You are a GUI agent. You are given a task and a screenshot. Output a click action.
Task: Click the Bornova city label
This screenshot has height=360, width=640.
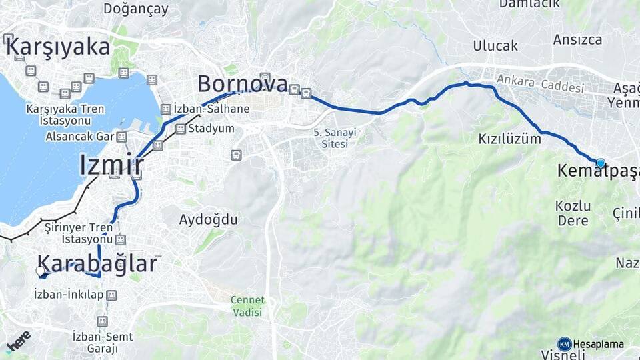pyautogui.click(x=242, y=84)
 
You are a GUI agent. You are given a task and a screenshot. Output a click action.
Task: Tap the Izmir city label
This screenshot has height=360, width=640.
pyautogui.click(x=111, y=165)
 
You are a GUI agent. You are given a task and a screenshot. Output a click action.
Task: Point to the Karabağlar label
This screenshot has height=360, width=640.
pyautogui.click(x=98, y=263)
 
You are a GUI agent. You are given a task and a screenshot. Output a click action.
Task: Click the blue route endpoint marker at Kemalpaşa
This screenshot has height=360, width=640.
pyautogui.click(x=601, y=163)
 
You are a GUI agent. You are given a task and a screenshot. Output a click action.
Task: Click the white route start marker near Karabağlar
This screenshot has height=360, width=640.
pyautogui.click(x=41, y=271)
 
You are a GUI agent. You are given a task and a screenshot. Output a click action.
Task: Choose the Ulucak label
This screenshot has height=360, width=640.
pyautogui.click(x=495, y=46)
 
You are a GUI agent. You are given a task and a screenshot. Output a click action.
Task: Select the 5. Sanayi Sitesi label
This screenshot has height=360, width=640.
pyautogui.click(x=335, y=138)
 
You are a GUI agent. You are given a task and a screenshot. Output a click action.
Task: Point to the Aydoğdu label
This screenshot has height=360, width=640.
pyautogui.click(x=208, y=219)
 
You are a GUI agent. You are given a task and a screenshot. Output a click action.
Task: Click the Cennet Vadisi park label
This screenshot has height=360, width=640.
pyautogui.click(x=247, y=306)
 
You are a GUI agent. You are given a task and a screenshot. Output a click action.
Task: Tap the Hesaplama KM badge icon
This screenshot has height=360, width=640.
pyautogui.click(x=564, y=344)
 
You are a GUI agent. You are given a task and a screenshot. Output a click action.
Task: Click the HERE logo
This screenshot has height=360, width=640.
pyautogui.click(x=18, y=341)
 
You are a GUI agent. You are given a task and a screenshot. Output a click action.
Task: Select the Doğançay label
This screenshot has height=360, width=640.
pyautogui.click(x=136, y=9)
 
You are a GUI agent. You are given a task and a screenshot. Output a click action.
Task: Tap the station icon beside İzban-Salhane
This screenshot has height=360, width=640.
pyautogui.click(x=166, y=109)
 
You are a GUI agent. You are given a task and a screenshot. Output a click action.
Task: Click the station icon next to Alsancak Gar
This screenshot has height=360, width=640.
pyautogui.click(x=121, y=137)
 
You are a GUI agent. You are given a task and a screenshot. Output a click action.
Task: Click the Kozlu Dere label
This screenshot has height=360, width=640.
pyautogui.click(x=573, y=212)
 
